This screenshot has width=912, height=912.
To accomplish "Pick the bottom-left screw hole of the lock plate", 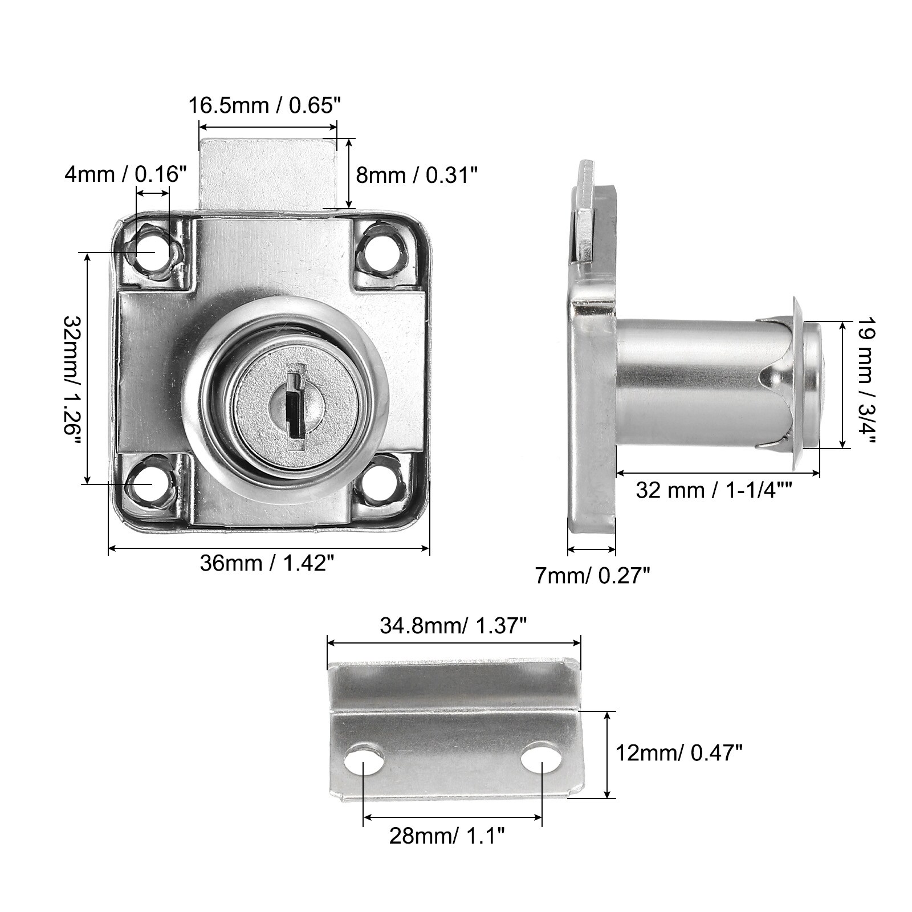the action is (152, 482).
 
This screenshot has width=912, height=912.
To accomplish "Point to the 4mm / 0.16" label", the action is (126, 174).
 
